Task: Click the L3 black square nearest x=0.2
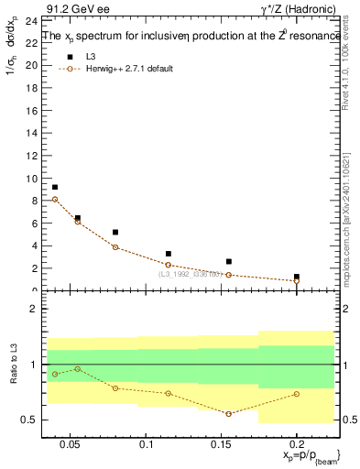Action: click(297, 277)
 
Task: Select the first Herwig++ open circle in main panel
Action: click(55, 199)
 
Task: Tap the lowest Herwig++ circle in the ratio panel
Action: click(229, 414)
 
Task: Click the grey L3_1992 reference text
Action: click(189, 273)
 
